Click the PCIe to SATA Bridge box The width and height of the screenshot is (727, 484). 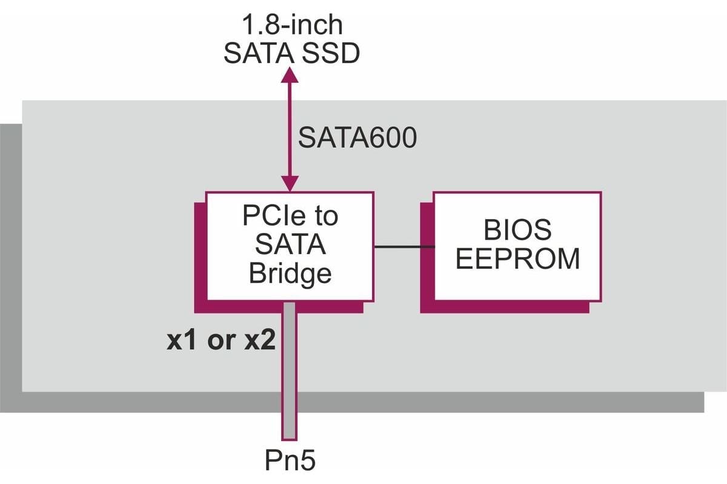(x=290, y=246)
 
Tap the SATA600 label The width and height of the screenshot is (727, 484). (x=357, y=138)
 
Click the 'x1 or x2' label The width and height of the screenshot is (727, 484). (x=221, y=342)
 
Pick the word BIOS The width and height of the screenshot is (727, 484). (x=517, y=231)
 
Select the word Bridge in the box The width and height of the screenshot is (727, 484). (x=290, y=273)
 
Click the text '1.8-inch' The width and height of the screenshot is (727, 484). (x=292, y=25)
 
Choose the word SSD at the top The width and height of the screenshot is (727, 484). (x=331, y=54)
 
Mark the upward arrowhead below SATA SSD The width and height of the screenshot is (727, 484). (x=291, y=74)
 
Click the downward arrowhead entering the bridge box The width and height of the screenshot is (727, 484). (x=291, y=183)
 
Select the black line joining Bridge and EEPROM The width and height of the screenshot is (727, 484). (x=403, y=246)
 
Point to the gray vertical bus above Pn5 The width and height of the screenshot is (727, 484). (x=290, y=369)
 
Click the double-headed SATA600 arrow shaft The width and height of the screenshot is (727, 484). (x=291, y=130)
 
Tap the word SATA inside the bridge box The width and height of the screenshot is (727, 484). (x=290, y=245)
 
